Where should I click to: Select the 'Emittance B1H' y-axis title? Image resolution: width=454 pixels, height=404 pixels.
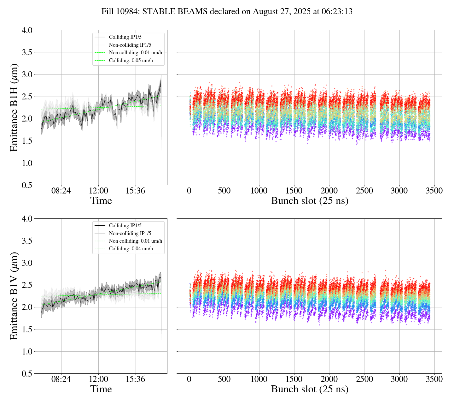(x=14, y=108)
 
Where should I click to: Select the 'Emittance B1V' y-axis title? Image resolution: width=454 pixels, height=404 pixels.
(x=14, y=296)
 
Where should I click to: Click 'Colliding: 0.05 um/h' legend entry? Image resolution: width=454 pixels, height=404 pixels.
(x=131, y=60)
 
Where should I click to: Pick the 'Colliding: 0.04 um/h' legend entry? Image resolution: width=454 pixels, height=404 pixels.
(x=131, y=249)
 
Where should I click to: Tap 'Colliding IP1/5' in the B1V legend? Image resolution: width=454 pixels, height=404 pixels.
(x=125, y=225)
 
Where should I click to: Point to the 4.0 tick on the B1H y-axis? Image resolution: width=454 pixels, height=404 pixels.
(x=27, y=30)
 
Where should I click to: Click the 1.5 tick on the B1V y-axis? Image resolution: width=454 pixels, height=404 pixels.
(x=27, y=330)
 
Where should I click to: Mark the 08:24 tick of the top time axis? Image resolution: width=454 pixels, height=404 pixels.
(x=61, y=191)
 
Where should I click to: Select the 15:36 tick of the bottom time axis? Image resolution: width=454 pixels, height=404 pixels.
(x=136, y=379)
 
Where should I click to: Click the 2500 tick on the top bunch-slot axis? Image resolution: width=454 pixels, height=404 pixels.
(x=364, y=191)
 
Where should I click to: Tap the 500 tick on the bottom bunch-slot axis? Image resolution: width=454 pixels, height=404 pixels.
(x=224, y=379)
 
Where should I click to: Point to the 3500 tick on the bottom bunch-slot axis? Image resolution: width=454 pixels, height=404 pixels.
(x=434, y=379)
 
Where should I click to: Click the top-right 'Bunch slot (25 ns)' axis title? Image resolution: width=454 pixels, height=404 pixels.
(x=310, y=201)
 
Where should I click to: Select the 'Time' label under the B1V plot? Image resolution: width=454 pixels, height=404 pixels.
(x=101, y=389)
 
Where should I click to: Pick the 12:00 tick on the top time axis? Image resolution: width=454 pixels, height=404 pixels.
(x=98, y=191)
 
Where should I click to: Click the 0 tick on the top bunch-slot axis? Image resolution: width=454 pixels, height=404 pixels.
(x=189, y=191)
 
